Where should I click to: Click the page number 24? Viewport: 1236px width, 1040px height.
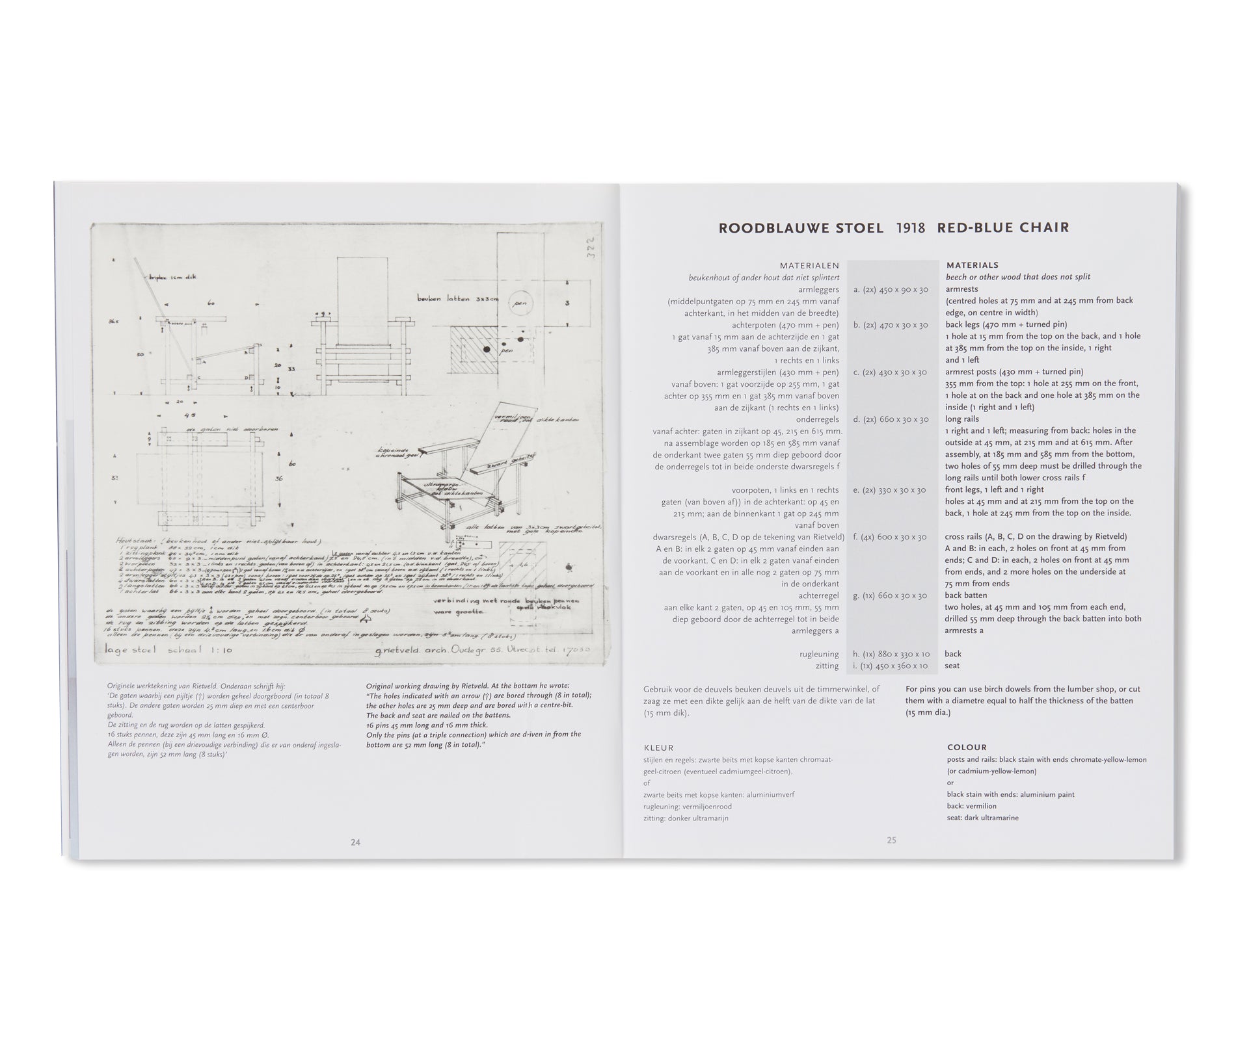pyautogui.click(x=355, y=842)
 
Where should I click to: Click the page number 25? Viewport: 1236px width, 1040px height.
pyautogui.click(x=891, y=840)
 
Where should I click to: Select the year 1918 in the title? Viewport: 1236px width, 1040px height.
pyautogui.click(x=910, y=228)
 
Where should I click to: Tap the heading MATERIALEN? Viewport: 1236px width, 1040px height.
pyautogui.click(x=809, y=265)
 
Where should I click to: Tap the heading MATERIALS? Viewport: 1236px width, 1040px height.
pyautogui.click(x=973, y=265)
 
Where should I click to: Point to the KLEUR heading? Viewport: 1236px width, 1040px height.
pyautogui.click(x=658, y=747)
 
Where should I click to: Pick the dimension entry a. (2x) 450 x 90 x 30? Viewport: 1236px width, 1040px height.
pyautogui.click(x=891, y=289)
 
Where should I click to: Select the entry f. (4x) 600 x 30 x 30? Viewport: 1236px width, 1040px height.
pyautogui.click(x=889, y=537)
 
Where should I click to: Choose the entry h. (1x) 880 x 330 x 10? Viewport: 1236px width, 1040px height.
pyautogui.click(x=891, y=654)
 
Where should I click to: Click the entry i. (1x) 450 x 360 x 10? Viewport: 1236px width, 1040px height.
pyautogui.click(x=891, y=666)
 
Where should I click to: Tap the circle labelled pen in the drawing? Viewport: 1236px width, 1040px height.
pyautogui.click(x=521, y=304)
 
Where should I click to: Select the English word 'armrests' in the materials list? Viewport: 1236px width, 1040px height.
pyautogui.click(x=961, y=289)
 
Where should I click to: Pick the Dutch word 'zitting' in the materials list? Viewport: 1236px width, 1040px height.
pyautogui.click(x=826, y=666)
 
